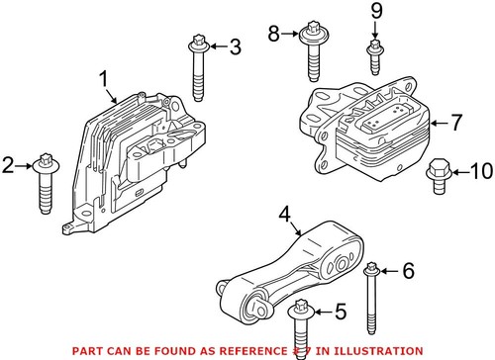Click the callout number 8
[x=274, y=36]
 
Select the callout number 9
[x=375, y=12]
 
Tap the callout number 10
[x=479, y=172]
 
